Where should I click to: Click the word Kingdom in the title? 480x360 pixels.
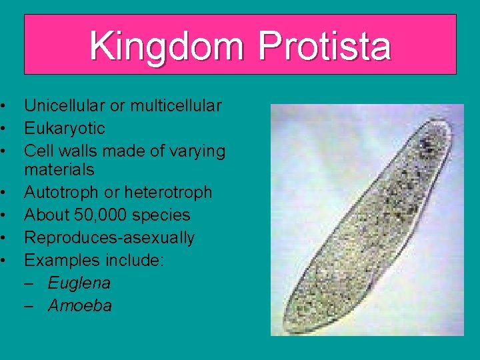coord(169,46)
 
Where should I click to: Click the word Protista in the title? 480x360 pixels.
coord(324,46)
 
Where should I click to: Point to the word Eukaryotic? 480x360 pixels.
coord(65,128)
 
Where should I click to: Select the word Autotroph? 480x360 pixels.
coord(59,193)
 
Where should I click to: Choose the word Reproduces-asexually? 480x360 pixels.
coord(109,238)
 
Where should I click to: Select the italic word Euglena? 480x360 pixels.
coord(79,283)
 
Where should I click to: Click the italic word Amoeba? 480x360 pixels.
coord(79,306)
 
